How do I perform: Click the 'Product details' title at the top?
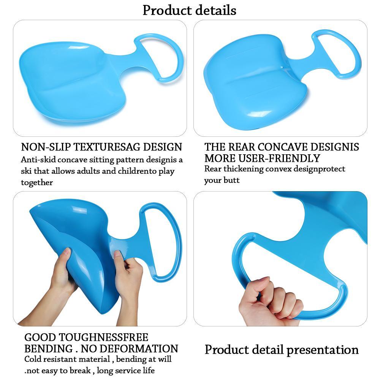point(189,10)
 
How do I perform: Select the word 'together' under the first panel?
point(37,182)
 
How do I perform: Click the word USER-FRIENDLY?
point(279,158)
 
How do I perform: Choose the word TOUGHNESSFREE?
point(103,337)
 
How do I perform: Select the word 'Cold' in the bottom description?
point(32,359)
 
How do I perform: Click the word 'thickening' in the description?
point(244,169)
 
